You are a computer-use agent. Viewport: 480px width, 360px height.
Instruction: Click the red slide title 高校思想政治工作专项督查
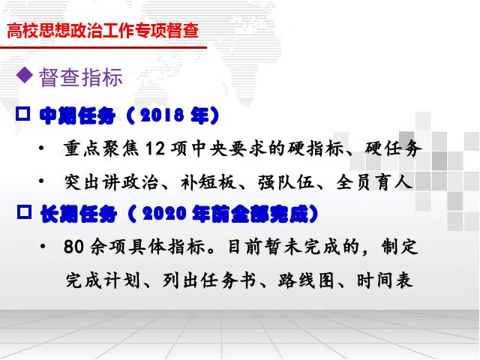click(x=103, y=31)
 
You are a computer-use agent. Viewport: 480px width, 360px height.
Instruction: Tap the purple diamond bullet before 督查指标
click(x=25, y=75)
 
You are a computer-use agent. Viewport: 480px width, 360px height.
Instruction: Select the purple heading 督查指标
click(x=81, y=77)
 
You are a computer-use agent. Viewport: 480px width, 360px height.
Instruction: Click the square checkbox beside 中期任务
click(x=23, y=114)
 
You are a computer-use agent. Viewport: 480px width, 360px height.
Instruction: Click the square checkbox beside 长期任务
click(x=24, y=211)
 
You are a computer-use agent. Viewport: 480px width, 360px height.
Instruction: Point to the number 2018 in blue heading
click(x=162, y=115)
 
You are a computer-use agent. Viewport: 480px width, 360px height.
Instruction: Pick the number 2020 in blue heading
click(x=164, y=214)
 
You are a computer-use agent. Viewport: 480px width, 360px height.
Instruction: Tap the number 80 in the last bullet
click(x=73, y=247)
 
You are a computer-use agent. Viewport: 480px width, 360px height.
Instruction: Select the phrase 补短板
click(x=208, y=182)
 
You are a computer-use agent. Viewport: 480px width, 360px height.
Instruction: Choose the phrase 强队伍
click(x=286, y=182)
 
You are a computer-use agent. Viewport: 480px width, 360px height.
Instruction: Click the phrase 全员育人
click(x=374, y=182)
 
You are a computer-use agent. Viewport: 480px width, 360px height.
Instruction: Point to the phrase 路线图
click(x=306, y=280)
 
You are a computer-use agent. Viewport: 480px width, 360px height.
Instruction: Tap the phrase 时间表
click(x=384, y=280)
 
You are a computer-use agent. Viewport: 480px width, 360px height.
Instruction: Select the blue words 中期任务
click(x=77, y=115)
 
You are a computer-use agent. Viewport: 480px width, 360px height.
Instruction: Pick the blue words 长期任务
click(x=79, y=214)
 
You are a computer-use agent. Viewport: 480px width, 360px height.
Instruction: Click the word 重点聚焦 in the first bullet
click(x=101, y=148)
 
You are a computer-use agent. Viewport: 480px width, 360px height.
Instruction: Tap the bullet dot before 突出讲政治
click(x=42, y=181)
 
